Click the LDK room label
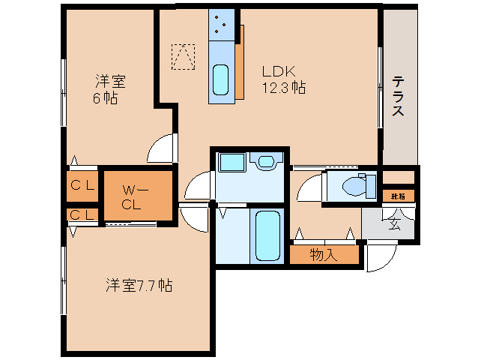279,72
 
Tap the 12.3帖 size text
282,88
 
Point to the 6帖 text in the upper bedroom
104,98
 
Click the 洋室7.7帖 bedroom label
139,285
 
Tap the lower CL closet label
82,215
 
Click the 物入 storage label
323,255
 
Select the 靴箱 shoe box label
398,196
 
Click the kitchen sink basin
220,79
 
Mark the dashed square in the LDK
183,56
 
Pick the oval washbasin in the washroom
266,161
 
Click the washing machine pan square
231,163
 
